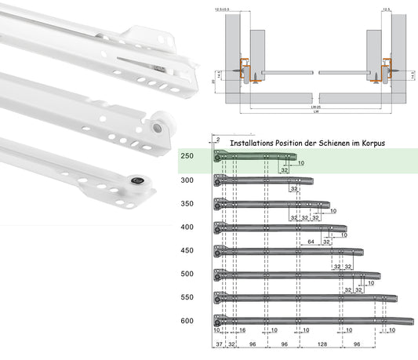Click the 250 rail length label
187,157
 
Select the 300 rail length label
187,180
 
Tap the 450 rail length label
187,250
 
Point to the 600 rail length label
187,320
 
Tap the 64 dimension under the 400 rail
311,242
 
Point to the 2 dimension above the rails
218,139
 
